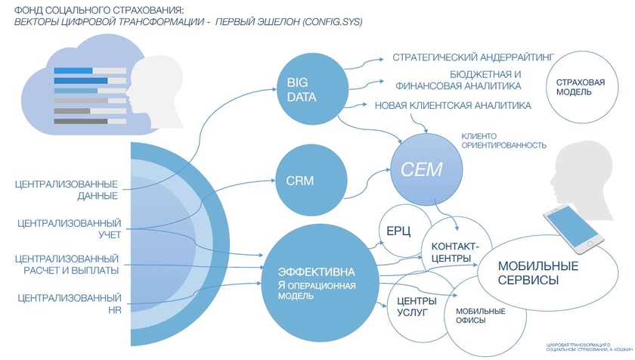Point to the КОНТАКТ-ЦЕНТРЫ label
click(454, 253)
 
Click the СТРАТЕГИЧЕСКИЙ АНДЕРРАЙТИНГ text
click(473, 57)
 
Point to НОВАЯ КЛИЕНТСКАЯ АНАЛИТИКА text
click(453, 105)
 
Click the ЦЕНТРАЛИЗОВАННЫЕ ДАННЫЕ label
click(66, 190)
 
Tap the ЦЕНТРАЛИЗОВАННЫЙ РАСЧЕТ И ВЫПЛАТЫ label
click(67, 265)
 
